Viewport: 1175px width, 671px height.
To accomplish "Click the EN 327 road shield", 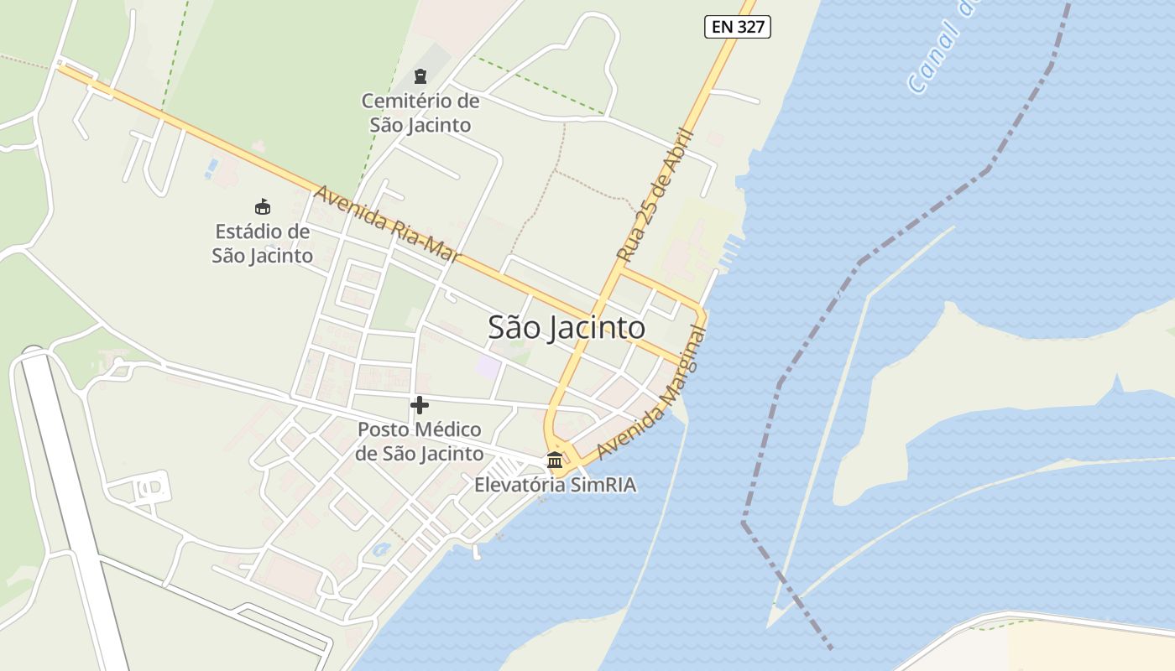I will tap(737, 27).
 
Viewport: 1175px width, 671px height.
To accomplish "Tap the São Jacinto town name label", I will tap(567, 328).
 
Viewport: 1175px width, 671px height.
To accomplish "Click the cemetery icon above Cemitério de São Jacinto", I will tap(420, 76).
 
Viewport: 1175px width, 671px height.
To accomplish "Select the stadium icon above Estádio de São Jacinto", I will tap(263, 206).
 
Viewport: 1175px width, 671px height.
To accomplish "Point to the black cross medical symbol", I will tap(420, 406).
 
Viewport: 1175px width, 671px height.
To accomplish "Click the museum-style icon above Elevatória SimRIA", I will tap(555, 460).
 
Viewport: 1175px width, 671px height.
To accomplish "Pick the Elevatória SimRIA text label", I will tap(555, 485).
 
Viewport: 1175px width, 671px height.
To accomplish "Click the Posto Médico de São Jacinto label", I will tap(420, 442).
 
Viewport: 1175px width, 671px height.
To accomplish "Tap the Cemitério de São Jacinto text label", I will tap(420, 113).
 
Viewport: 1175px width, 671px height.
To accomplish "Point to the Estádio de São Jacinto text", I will tap(263, 243).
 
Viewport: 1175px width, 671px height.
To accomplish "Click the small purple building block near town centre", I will tap(488, 367).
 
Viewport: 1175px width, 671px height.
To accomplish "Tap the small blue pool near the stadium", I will tap(210, 168).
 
